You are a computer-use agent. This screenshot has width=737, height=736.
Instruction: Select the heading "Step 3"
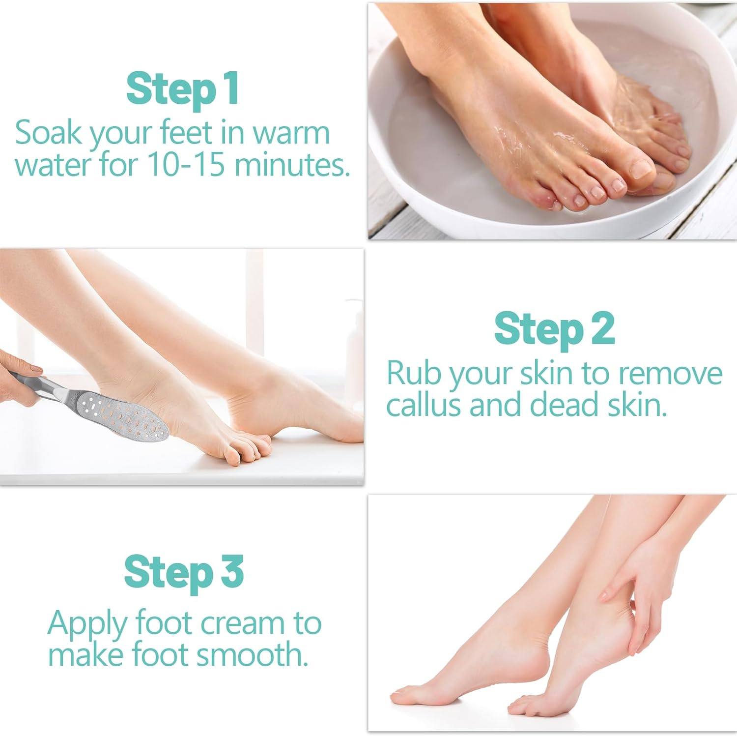coord(184,572)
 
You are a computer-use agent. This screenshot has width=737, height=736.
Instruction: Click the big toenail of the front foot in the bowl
coord(640,169)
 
